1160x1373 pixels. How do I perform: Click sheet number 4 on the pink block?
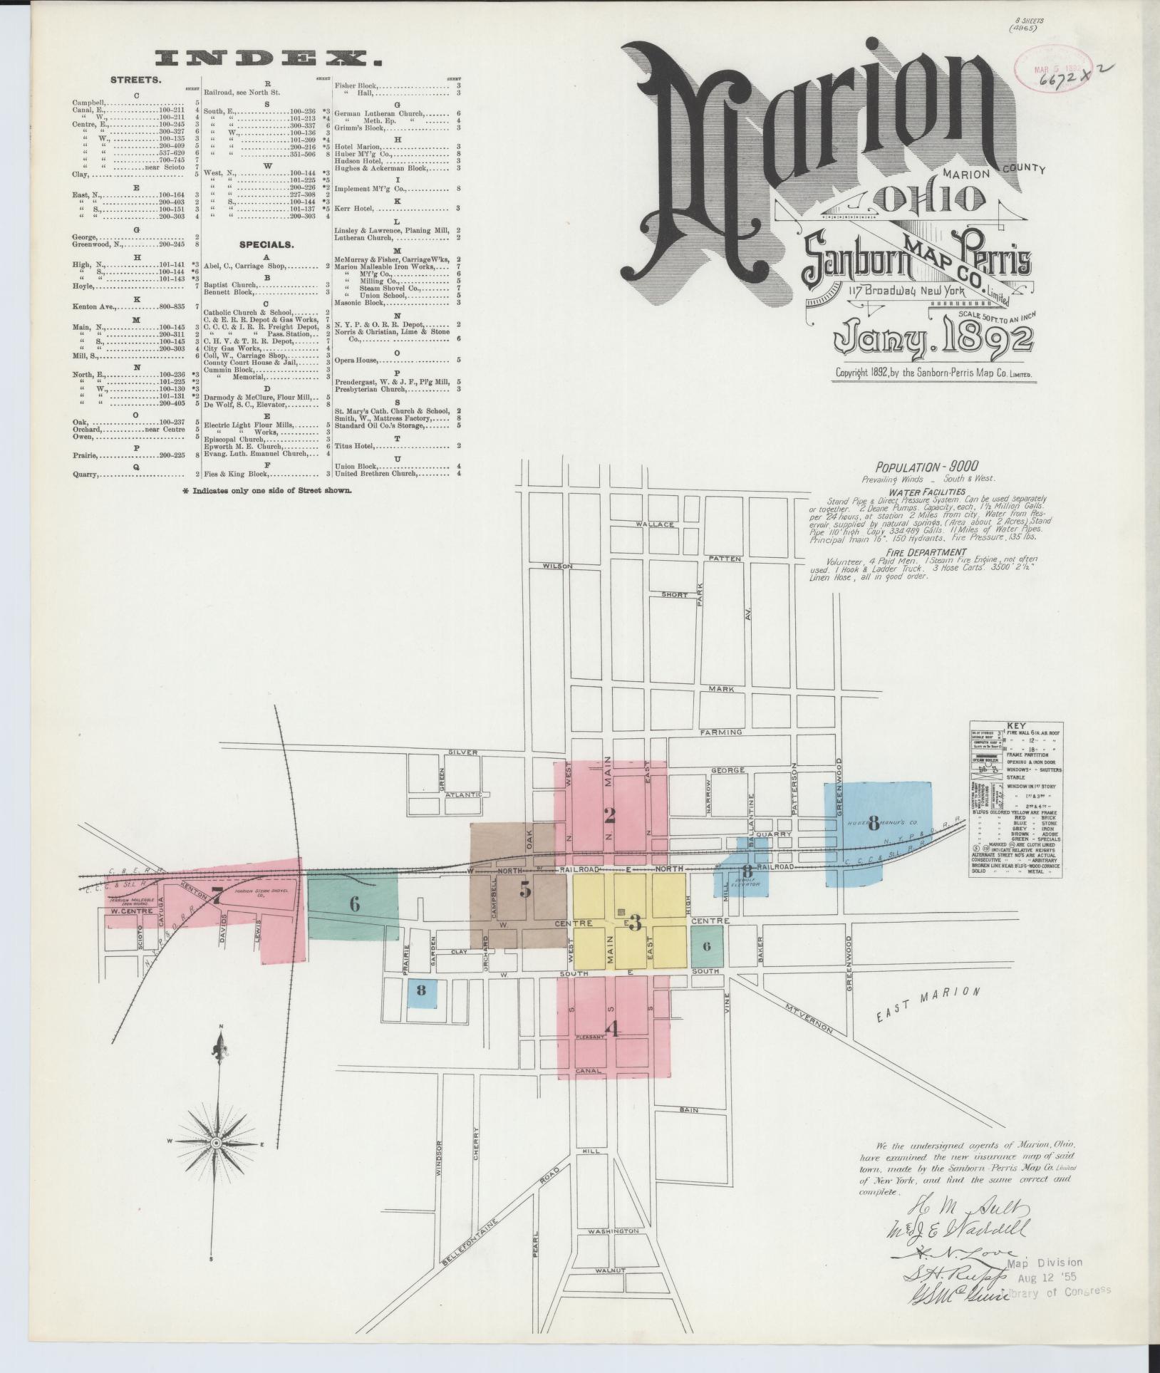click(x=611, y=1027)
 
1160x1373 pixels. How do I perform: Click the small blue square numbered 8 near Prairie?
click(x=421, y=989)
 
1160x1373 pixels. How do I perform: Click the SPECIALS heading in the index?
click(x=266, y=244)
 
